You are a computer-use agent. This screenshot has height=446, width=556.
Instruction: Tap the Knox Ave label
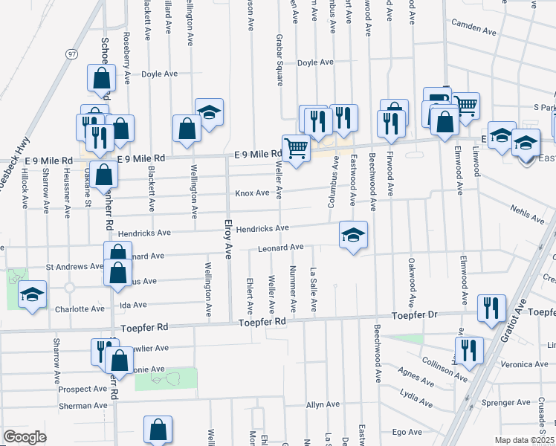252,193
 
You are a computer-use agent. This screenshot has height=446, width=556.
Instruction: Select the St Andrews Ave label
74,266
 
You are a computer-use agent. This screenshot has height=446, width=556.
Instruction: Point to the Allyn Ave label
323,405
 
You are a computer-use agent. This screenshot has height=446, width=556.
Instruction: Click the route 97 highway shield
71,55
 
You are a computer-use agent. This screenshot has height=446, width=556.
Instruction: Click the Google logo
25,437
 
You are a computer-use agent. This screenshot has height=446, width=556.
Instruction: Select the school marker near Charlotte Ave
33,295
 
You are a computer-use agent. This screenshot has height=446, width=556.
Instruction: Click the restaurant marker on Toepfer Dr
491,309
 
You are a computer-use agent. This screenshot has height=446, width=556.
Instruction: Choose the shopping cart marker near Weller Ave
296,149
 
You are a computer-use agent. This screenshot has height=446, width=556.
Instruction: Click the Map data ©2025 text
524,440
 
